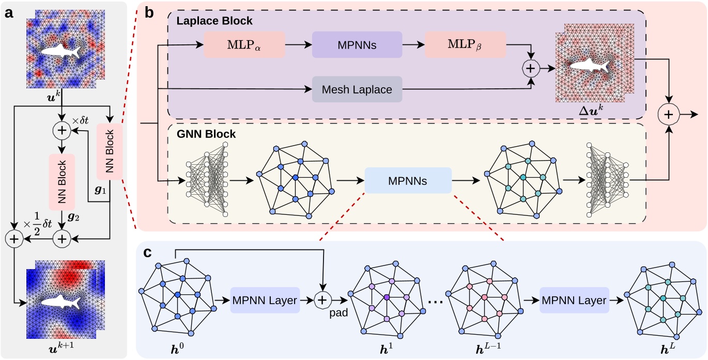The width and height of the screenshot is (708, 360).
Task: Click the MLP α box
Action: point(244,45)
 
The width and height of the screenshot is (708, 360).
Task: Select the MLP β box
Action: point(465,45)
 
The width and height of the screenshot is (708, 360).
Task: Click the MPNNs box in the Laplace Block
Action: point(357,45)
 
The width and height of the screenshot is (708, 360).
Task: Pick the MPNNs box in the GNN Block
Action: point(408,180)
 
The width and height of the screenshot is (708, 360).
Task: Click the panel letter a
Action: point(8,12)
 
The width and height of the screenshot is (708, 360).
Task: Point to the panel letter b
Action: point(150,12)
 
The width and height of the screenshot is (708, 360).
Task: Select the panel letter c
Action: point(148,254)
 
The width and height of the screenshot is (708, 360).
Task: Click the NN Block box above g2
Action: point(62,181)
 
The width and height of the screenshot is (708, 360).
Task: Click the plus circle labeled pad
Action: point(322,301)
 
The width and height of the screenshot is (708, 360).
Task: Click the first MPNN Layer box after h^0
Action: point(265,301)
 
